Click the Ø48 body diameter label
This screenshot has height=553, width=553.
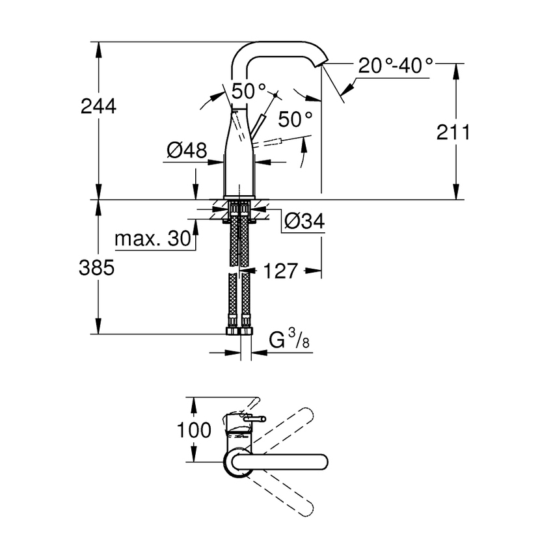click(187, 151)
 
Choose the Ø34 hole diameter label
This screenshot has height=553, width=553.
click(304, 223)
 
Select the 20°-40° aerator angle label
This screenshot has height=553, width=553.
click(396, 66)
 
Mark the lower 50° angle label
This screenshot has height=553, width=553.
click(295, 119)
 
